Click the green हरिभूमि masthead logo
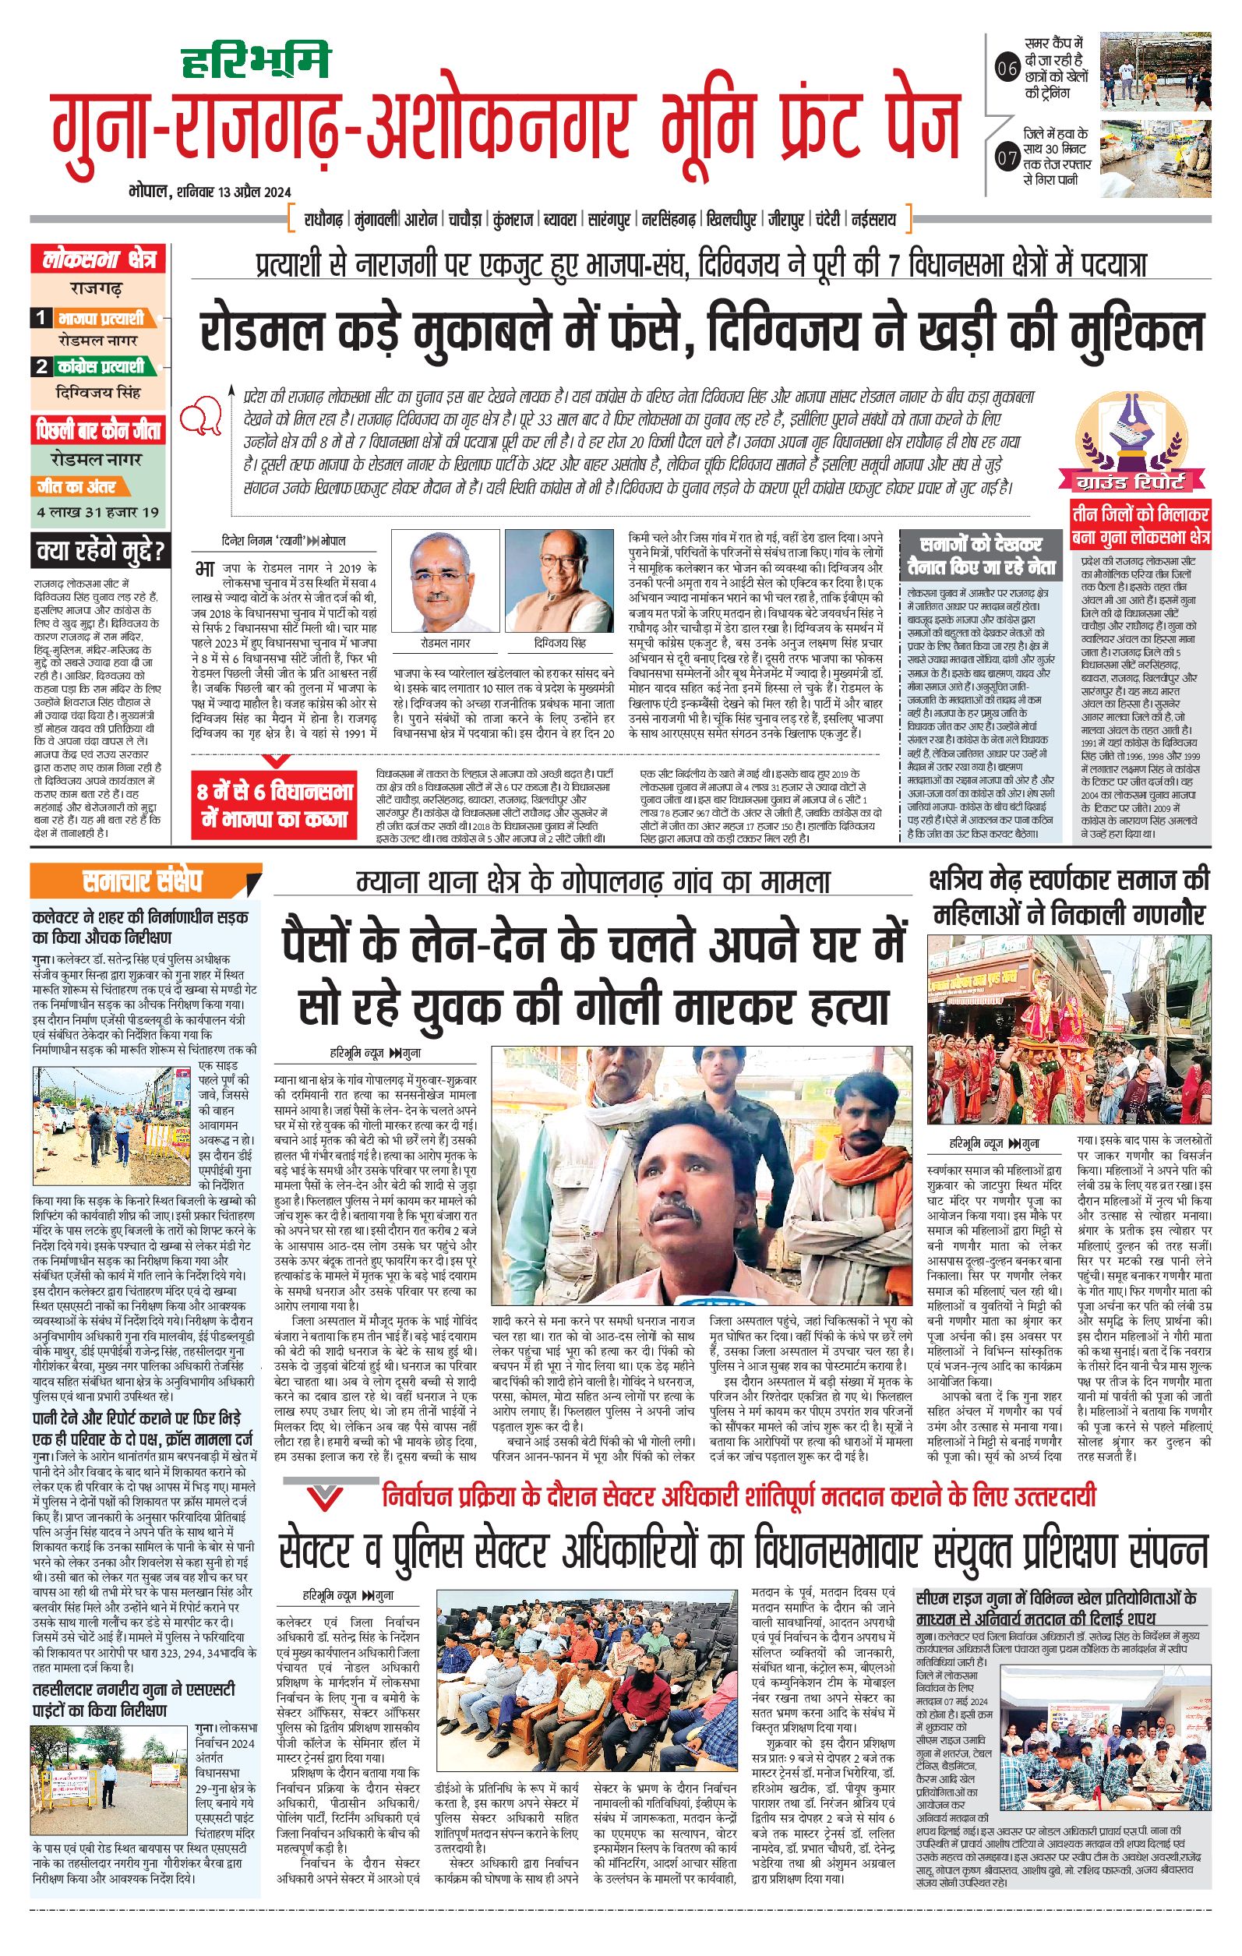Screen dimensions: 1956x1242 (x=254, y=60)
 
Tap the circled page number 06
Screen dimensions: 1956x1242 (x=1007, y=69)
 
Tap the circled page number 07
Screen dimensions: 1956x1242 (x=1007, y=157)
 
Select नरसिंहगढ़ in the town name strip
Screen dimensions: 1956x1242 (x=668, y=219)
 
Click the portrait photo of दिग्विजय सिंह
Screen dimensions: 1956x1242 (x=559, y=581)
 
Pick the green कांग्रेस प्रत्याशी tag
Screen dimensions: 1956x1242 (x=107, y=366)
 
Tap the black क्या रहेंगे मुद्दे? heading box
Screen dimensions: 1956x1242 (x=99, y=552)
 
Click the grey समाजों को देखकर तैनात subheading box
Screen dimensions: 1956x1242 (x=980, y=556)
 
